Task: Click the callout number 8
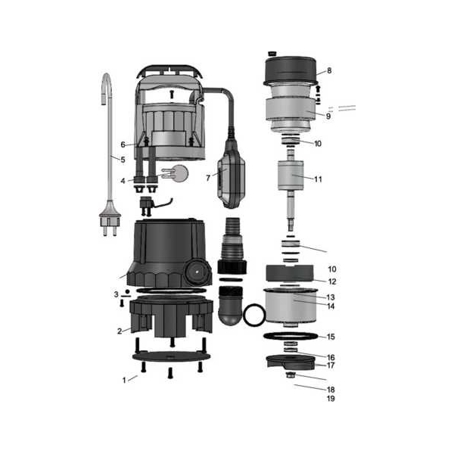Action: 329,70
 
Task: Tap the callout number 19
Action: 331,399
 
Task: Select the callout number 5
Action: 123,160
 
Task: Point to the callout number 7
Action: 208,178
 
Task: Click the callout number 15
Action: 331,337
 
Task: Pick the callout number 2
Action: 120,331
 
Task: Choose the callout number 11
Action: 318,179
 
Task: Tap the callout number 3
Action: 116,294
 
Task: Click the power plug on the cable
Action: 110,218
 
